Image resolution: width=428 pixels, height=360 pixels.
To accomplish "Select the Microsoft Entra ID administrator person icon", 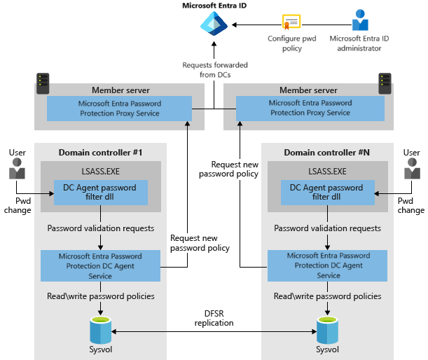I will click(360, 20).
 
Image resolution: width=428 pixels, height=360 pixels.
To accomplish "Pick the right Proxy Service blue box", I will click(310, 108).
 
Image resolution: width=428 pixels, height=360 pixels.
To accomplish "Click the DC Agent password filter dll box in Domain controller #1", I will click(101, 193).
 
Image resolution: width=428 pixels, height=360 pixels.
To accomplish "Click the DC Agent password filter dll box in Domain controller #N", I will click(326, 193).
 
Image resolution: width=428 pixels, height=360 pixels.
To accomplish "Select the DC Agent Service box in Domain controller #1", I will click(102, 265).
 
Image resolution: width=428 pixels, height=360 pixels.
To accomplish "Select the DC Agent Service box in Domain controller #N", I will click(327, 265).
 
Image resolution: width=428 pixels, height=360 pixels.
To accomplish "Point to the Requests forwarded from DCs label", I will click(214, 69).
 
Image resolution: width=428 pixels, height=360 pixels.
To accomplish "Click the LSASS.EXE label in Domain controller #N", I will click(326, 171).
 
